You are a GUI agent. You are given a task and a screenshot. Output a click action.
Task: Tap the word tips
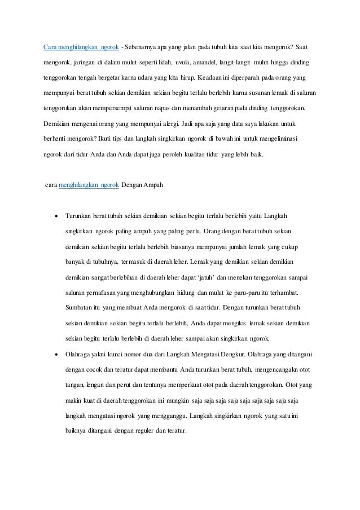coord(112,137)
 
